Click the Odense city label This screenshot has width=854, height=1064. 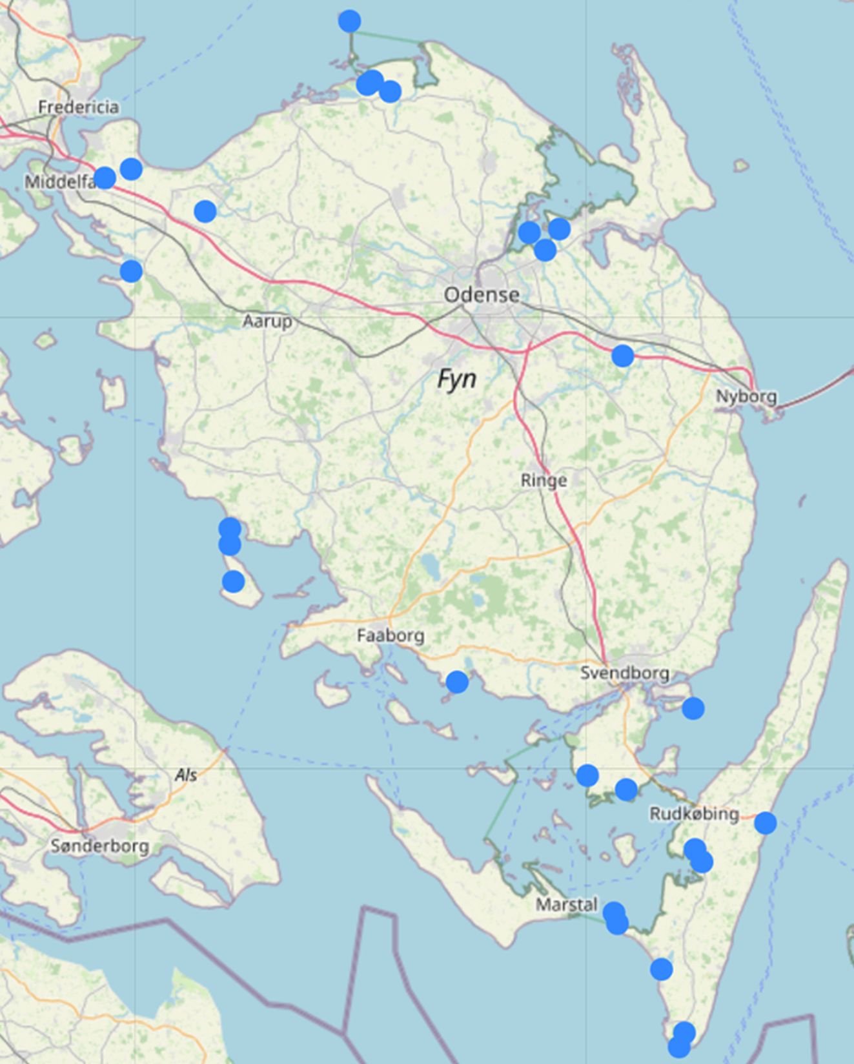pyautogui.click(x=482, y=295)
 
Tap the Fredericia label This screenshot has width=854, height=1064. pyautogui.click(x=78, y=107)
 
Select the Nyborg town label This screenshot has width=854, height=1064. pyautogui.click(x=746, y=396)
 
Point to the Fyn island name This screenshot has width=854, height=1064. pyautogui.click(x=457, y=378)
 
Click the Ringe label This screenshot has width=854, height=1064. pyautogui.click(x=544, y=480)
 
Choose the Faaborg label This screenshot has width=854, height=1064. pyautogui.click(x=391, y=636)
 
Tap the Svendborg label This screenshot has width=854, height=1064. pyautogui.click(x=624, y=673)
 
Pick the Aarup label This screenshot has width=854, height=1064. pyautogui.click(x=267, y=321)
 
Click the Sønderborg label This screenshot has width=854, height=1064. pyautogui.click(x=99, y=846)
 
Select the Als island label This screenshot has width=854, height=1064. pyautogui.click(x=186, y=775)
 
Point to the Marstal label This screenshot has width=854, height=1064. pyautogui.click(x=567, y=905)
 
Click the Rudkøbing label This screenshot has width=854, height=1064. pyautogui.click(x=694, y=814)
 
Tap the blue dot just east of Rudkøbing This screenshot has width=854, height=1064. pyautogui.click(x=765, y=823)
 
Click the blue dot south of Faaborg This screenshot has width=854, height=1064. pyautogui.click(x=457, y=682)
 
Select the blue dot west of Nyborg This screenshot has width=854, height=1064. pyautogui.click(x=622, y=355)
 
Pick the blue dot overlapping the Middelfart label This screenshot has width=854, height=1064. pyautogui.click(x=105, y=177)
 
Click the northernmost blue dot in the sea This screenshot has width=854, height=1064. pyautogui.click(x=349, y=21)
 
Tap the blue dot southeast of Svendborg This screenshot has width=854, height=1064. pyautogui.click(x=693, y=708)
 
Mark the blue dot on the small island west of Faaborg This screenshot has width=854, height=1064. pyautogui.click(x=233, y=582)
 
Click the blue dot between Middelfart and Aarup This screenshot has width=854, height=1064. pyautogui.click(x=205, y=210)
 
